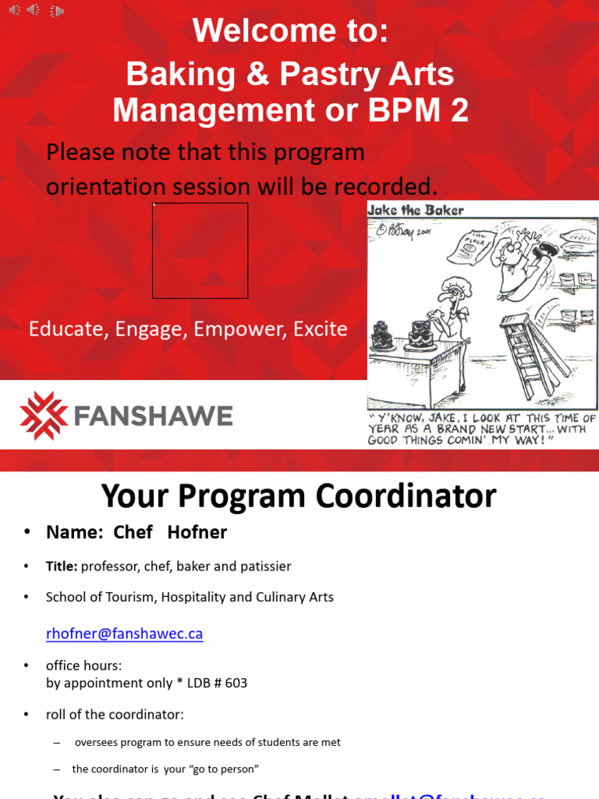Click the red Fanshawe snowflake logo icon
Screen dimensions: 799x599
click(x=44, y=416)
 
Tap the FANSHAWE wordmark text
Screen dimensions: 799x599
click(x=153, y=416)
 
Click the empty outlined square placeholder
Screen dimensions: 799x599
click(x=200, y=250)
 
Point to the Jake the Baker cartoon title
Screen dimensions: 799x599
click(x=416, y=210)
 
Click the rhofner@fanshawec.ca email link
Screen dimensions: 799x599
click(x=125, y=634)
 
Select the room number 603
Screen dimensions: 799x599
click(x=236, y=683)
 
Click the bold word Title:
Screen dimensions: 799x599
click(x=62, y=566)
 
